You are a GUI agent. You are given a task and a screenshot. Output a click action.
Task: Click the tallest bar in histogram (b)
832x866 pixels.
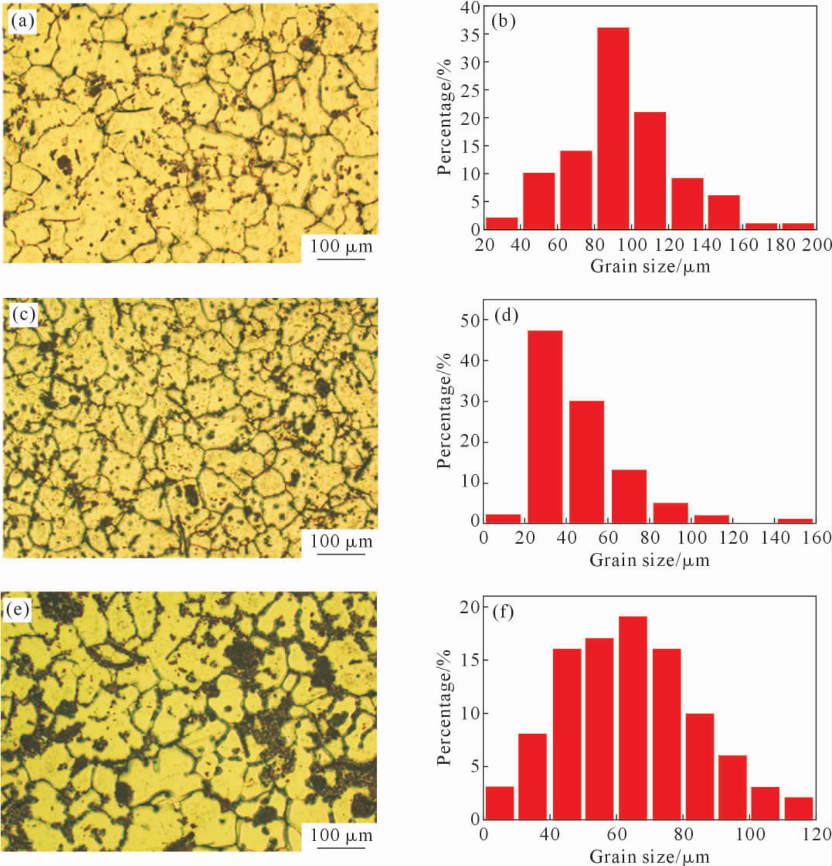[x=613, y=127]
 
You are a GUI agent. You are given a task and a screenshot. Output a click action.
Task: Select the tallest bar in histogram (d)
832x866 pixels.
[x=545, y=425]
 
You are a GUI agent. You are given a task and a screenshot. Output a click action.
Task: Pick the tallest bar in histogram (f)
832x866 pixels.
[x=633, y=718]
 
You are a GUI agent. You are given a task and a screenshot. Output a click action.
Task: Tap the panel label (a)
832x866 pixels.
[x=23, y=21]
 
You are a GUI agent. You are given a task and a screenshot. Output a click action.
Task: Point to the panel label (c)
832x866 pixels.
[x=24, y=315]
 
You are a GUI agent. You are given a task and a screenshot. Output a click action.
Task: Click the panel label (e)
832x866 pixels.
[x=17, y=610]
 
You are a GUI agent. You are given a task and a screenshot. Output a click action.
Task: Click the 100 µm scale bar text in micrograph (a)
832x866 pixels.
[x=341, y=246]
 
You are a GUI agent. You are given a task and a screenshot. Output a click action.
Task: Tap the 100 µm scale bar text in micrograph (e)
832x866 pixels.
[x=341, y=835]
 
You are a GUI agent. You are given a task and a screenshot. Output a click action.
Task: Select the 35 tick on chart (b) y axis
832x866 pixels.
[x=470, y=35]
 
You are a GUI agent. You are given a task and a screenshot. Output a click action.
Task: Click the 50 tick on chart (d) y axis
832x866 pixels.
[x=470, y=320]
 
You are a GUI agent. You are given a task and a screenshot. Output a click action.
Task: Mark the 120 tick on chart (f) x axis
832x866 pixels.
[x=817, y=834]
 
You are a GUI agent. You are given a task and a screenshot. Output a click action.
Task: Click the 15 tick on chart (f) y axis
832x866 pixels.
[x=470, y=660]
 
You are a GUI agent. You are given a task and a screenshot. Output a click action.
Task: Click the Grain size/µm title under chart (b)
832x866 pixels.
[x=649, y=266]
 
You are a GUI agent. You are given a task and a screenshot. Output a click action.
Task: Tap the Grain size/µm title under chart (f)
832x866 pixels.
[x=649, y=856]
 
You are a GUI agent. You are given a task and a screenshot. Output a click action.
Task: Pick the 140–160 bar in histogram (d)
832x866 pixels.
[x=795, y=521]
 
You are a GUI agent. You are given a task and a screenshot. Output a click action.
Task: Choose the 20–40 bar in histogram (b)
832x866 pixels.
[x=502, y=223]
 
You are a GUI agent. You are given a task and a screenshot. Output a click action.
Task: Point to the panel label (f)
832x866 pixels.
[x=502, y=611]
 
